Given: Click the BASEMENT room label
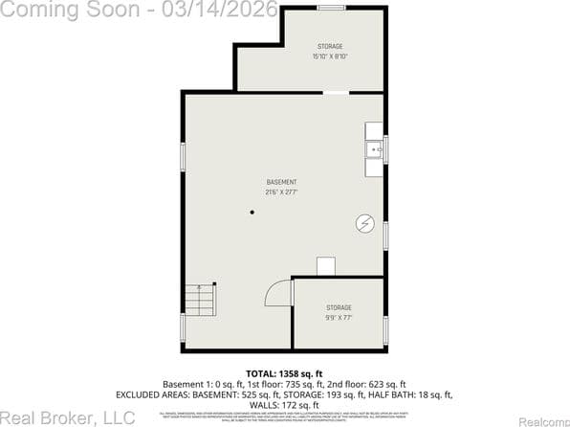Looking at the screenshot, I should coord(281,182).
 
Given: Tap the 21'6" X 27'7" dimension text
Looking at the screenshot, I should coord(281,192).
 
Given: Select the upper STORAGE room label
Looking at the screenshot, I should coord(330,46).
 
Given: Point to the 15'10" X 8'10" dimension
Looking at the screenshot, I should coord(330,56).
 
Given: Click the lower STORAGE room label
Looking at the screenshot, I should coord(339,307).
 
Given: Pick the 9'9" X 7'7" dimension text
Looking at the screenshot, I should coord(339,318).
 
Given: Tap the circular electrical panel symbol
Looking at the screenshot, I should coord(364,223).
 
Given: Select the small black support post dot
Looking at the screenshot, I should coord(252,213).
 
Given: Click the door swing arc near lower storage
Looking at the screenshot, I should coord(276,292).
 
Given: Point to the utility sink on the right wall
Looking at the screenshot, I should coord(374,149).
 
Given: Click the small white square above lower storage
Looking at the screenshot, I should coord(326,266).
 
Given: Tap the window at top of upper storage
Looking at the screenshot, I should coord(331,8).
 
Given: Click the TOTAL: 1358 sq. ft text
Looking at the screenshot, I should coord(284,372).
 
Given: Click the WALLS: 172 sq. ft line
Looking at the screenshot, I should coord(284,405).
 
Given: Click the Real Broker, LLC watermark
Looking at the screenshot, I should coord(68,417).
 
